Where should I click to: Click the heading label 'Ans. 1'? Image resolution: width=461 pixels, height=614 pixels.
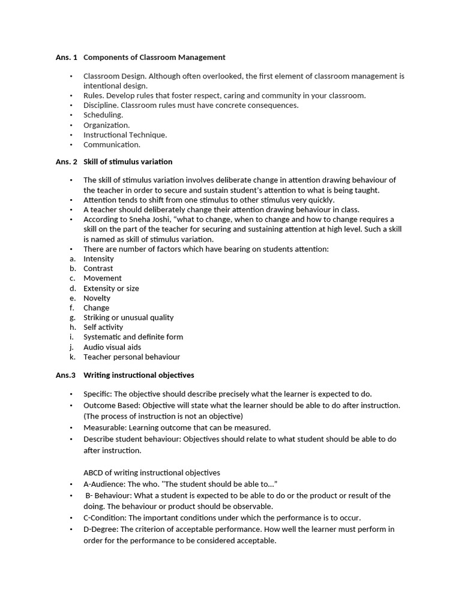click(67, 58)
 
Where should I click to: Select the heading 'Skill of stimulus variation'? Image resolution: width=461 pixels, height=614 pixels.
click(127, 162)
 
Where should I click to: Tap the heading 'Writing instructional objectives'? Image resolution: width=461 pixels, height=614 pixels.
click(139, 375)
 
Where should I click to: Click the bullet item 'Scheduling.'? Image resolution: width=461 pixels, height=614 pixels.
click(103, 115)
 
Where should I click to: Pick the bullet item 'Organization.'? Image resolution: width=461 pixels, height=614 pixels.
click(106, 125)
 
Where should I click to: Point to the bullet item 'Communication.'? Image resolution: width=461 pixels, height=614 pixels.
click(112, 145)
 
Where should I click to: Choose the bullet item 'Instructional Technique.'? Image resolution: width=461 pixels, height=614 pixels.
click(125, 135)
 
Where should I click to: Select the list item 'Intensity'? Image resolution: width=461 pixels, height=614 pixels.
click(98, 259)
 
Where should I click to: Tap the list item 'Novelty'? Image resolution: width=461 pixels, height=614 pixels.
click(97, 298)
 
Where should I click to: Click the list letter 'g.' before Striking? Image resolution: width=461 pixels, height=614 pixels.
click(73, 318)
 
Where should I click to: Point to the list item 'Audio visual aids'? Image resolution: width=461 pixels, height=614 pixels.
click(112, 347)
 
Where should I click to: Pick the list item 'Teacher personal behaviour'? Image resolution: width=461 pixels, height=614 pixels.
click(131, 357)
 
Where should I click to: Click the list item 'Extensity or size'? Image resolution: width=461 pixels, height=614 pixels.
click(111, 288)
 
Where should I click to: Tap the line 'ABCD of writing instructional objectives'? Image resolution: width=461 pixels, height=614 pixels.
click(151, 472)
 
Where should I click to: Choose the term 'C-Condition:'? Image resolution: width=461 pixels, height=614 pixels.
click(105, 517)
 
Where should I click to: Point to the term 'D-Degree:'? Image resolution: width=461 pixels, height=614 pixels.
click(101, 529)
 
